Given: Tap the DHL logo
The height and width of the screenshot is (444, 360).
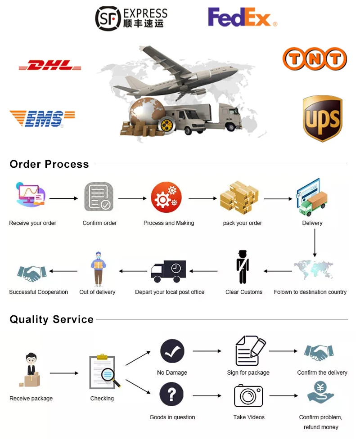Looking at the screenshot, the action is click(x=50, y=66).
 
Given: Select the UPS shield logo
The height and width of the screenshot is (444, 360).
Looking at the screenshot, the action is click(x=322, y=118).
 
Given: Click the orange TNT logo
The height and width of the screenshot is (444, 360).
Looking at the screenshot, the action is click(x=315, y=59).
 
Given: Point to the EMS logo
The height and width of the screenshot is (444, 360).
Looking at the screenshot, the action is click(x=41, y=118).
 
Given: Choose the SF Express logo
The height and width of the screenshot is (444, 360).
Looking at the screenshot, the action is click(x=131, y=18).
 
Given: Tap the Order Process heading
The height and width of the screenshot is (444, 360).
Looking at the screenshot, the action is click(x=49, y=164).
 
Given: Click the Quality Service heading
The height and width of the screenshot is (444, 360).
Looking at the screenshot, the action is click(x=52, y=319).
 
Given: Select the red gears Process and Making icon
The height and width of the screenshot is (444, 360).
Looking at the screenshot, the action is click(x=166, y=197).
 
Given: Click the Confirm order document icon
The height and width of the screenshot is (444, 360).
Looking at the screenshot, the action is click(x=99, y=197).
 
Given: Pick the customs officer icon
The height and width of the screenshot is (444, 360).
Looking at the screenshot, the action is click(x=243, y=267).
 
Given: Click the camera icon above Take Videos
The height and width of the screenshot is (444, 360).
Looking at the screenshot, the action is click(x=248, y=395).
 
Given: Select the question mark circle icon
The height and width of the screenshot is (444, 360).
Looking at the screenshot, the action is click(x=172, y=395).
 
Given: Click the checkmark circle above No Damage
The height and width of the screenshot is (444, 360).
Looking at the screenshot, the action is click(x=172, y=351).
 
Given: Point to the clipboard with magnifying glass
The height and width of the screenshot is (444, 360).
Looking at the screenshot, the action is click(x=105, y=372).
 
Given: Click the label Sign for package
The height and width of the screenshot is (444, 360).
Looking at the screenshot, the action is click(x=248, y=372).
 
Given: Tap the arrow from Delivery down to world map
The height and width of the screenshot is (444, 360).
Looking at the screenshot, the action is click(x=315, y=243).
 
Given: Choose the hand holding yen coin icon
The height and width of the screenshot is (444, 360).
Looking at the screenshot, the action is click(x=321, y=393).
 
